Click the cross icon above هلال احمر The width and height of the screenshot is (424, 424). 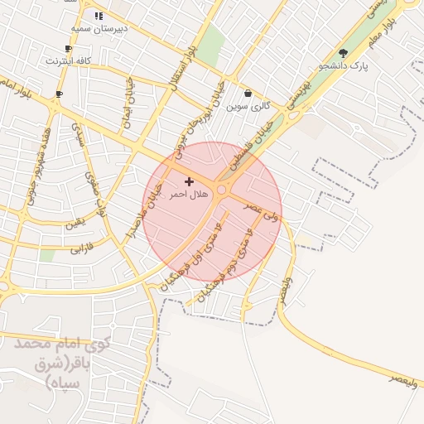coord(189,181)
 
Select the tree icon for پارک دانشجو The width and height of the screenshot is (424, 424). coord(343,53)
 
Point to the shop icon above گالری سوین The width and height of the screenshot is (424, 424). coord(248,94)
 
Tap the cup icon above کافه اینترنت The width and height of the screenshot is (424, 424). coord(69,49)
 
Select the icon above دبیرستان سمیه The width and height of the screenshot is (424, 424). coord(99,16)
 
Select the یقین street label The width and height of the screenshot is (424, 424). coord(75,224)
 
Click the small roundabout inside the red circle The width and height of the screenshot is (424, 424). coord(222,191)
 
